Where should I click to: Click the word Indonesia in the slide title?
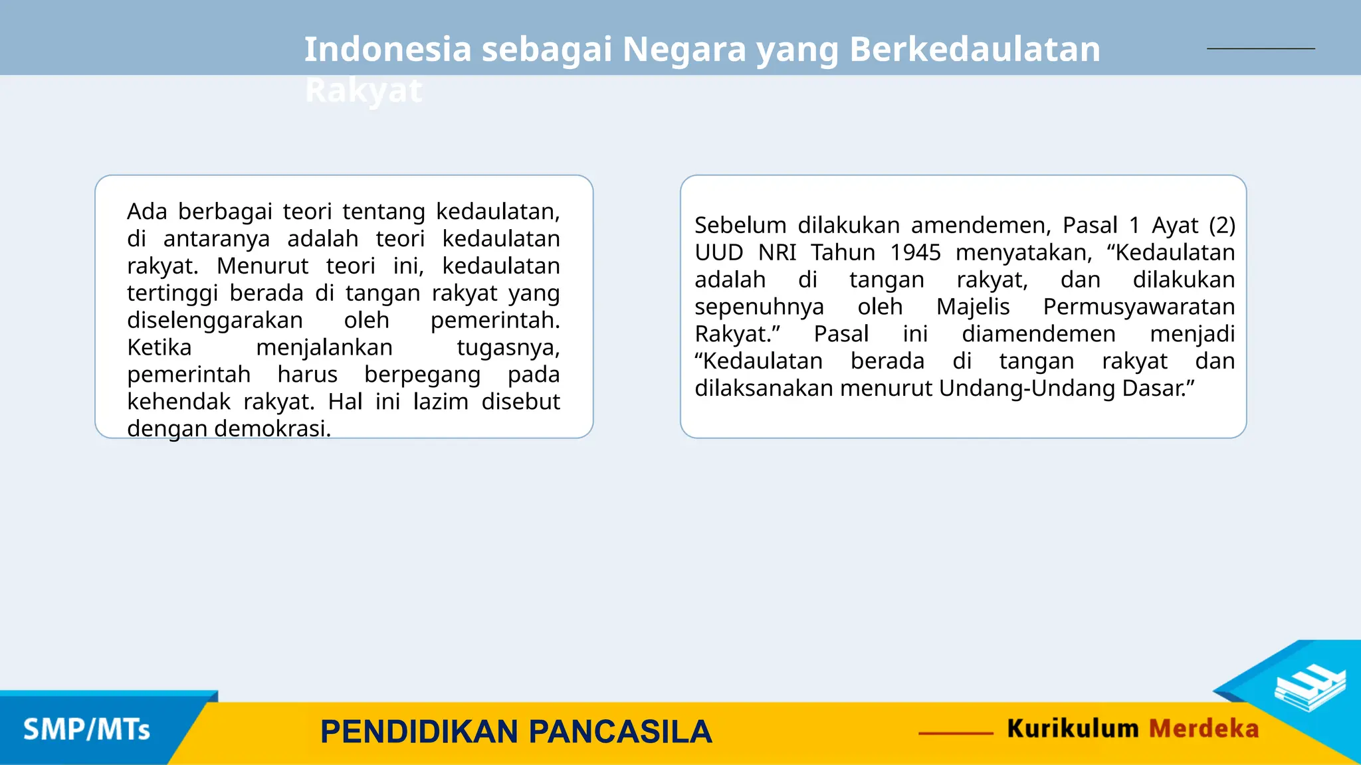(x=387, y=49)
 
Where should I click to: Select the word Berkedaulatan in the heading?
(x=975, y=49)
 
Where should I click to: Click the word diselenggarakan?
(x=215, y=320)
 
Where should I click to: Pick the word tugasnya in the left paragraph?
(x=508, y=347)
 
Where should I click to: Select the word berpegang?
(x=422, y=375)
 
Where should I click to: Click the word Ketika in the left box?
(x=159, y=347)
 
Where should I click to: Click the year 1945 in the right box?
(x=916, y=252)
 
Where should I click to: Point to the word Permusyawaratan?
(x=1138, y=307)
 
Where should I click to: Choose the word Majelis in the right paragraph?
(x=973, y=307)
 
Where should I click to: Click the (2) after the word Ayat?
(x=1221, y=225)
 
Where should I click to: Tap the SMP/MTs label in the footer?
(x=87, y=730)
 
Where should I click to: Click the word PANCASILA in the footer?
(x=620, y=732)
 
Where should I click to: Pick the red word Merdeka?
(x=1204, y=728)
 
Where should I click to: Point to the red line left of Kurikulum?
(x=956, y=733)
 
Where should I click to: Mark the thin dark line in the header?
(x=1261, y=48)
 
